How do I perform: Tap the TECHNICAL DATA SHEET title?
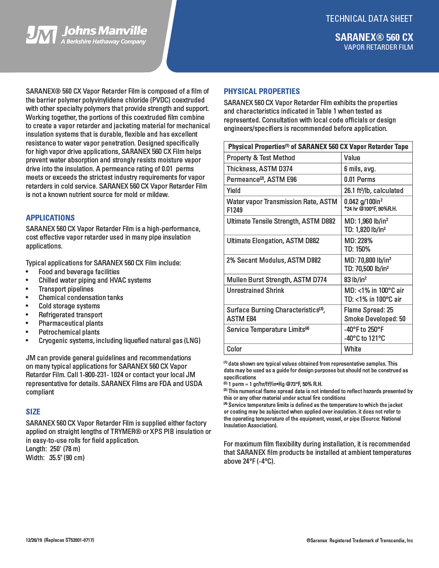coord(369,19)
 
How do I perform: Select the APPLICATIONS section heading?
coord(50,218)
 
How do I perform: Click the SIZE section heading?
coord(33,412)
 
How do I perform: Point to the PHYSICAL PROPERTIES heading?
coord(262,91)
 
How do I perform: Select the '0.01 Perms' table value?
coord(360,179)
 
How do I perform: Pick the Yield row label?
coord(233,190)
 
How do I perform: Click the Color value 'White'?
coord(352,349)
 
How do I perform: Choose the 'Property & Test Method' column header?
coord(261,158)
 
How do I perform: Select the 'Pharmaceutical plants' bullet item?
coord(71,323)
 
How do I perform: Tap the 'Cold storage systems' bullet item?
coord(69,306)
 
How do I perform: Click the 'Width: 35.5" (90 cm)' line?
coord(55,458)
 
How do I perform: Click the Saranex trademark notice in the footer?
coord(360,540)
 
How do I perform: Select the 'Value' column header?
coord(352,158)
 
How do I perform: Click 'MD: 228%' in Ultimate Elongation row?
coord(358,241)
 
